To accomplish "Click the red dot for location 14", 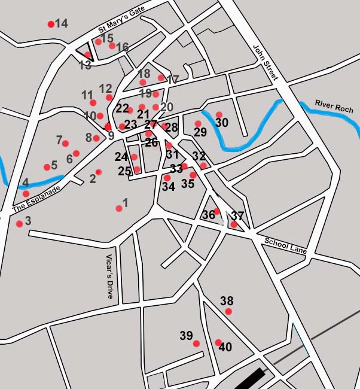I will click(51, 25).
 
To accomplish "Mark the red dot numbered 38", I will click(228, 311).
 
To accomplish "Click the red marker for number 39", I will click(196, 343).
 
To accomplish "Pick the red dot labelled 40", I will click(218, 342).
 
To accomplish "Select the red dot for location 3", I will click(20, 224).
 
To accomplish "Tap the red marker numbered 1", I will click(119, 208).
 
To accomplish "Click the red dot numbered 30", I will click(219, 114).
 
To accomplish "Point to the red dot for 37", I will click(234, 225).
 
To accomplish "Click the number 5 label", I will click(54, 165).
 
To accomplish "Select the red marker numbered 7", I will click(65, 144).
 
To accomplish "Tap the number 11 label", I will click(87, 95).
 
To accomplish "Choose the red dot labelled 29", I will click(198, 124).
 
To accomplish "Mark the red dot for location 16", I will click(112, 45).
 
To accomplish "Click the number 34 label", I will click(168, 187).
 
